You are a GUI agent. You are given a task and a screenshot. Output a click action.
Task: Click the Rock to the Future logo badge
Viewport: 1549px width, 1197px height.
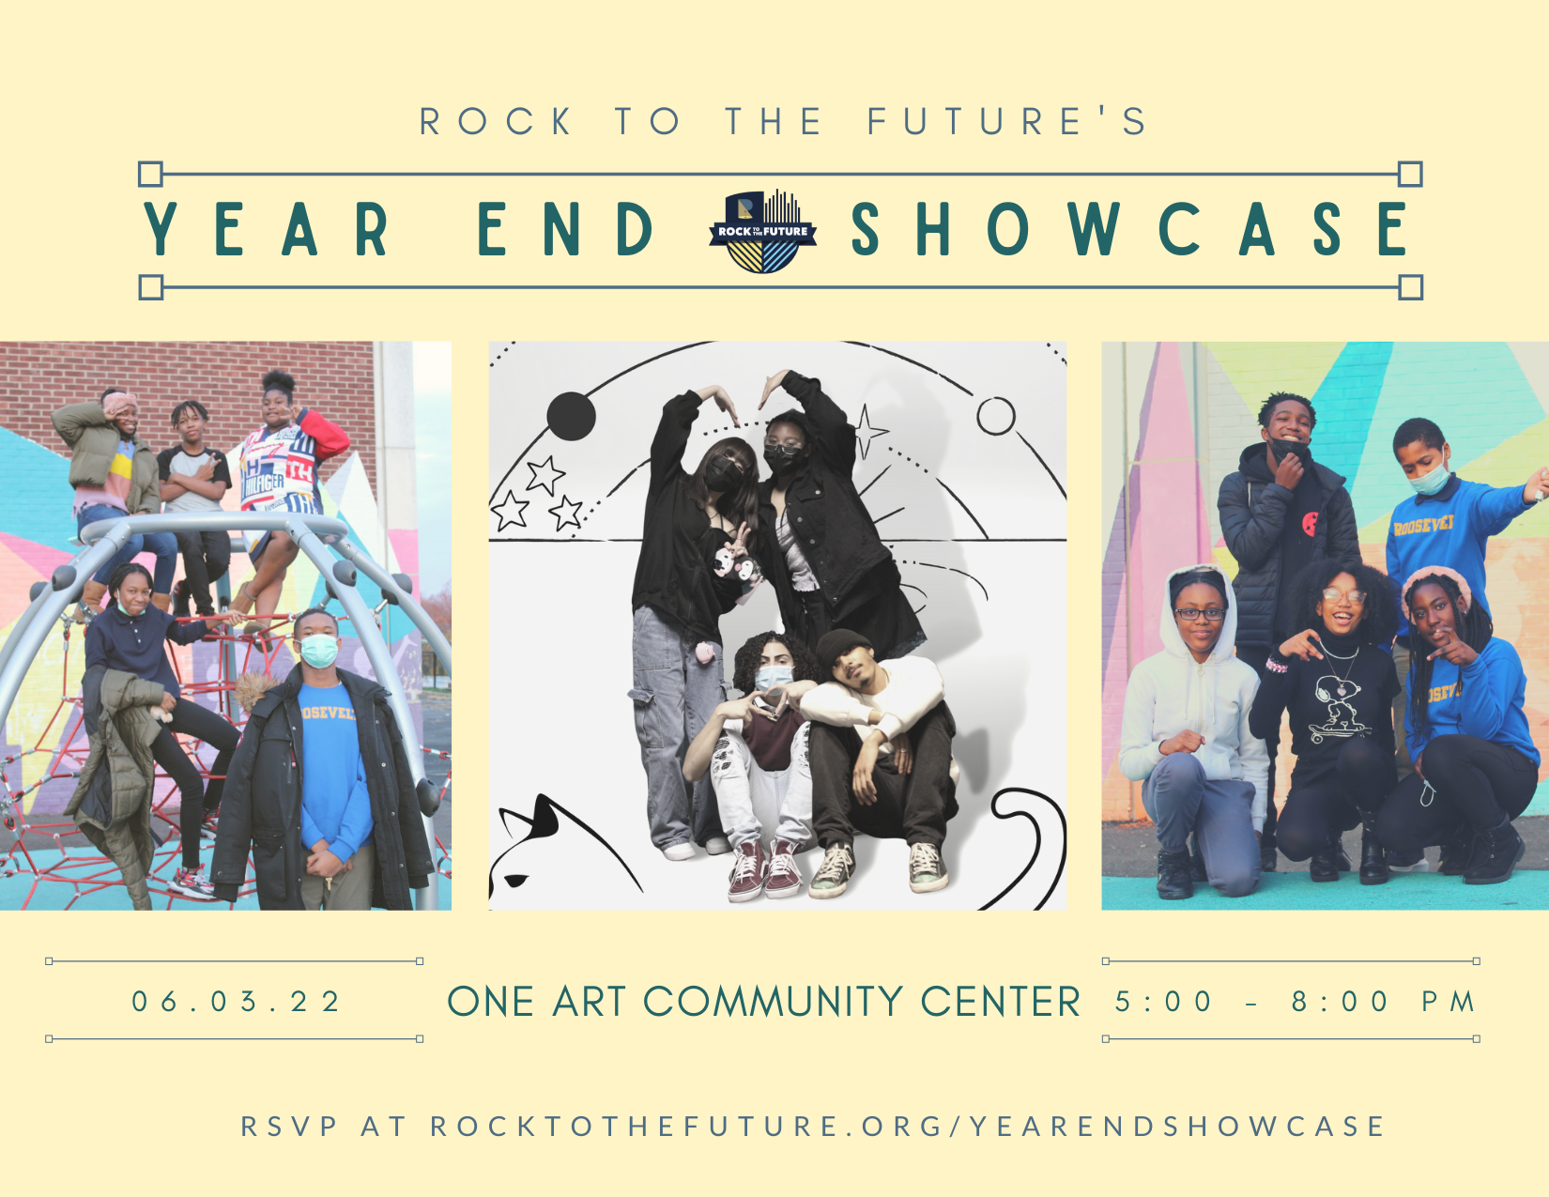[762, 231]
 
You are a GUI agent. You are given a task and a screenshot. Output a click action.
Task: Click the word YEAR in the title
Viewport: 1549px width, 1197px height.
[266, 229]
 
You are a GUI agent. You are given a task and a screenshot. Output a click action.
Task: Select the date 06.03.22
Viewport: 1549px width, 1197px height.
[236, 1002]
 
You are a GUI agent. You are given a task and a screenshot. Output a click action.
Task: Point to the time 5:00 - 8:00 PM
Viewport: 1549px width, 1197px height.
[1294, 1002]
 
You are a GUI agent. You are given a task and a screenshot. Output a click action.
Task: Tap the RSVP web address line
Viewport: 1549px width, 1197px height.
[813, 1127]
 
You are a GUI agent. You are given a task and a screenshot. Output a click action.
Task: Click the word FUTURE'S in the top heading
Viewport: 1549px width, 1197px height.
[1006, 120]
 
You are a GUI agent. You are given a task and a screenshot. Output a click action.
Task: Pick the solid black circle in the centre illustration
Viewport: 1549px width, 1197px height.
[571, 416]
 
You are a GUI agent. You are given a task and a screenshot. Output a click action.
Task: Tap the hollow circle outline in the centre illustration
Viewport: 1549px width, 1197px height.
[996, 416]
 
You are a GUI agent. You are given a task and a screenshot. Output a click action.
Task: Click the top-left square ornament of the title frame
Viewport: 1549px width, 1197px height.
[150, 174]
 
